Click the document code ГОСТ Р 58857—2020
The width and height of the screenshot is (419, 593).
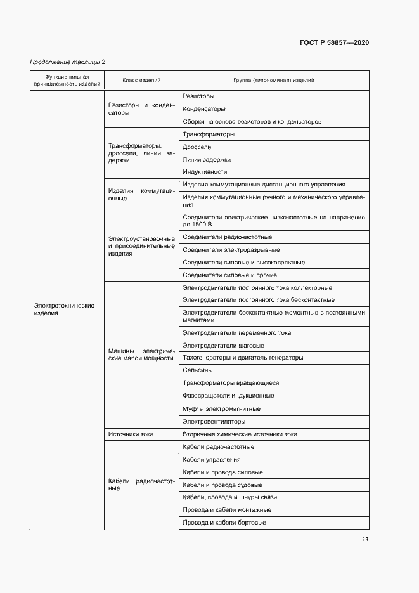pyautogui.click(x=334, y=42)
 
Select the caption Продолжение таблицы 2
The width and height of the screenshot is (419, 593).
pyautogui.click(x=68, y=62)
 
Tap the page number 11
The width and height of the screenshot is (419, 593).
pyautogui.click(x=365, y=539)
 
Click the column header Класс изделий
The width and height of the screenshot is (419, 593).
pyautogui.click(x=141, y=81)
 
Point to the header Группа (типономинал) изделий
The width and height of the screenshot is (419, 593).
pyautogui.click(x=274, y=81)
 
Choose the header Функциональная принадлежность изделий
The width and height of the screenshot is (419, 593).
pyautogui.click(x=67, y=81)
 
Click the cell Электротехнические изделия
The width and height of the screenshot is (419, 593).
pyautogui.click(x=64, y=310)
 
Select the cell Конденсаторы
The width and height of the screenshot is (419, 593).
pyautogui.click(x=203, y=109)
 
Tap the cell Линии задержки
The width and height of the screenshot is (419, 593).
pyautogui.click(x=207, y=160)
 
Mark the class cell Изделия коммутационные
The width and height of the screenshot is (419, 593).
pyautogui.click(x=141, y=194)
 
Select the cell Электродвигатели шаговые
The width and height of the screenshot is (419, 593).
pyautogui.click(x=223, y=346)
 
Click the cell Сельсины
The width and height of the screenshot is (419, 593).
pyautogui.click(x=197, y=370)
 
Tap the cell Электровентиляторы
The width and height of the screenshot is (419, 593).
pyautogui.click(x=214, y=422)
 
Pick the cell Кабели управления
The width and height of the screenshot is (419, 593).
pyautogui.click(x=211, y=460)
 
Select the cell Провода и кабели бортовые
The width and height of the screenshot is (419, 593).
pyautogui.click(x=224, y=523)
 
